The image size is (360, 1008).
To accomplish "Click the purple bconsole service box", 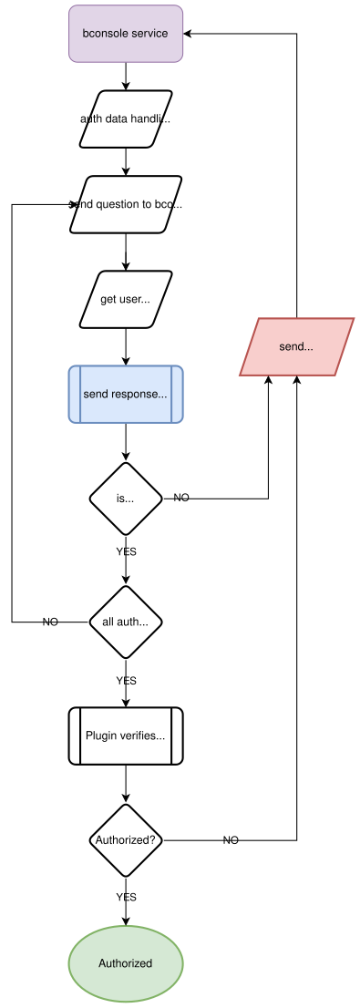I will (x=126, y=34).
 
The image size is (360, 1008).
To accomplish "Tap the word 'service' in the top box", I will (x=148, y=34).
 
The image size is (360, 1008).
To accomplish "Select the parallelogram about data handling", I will (x=126, y=118).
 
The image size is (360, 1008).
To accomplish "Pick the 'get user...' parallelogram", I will (x=126, y=299).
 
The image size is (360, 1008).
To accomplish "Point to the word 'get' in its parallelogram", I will (x=109, y=299).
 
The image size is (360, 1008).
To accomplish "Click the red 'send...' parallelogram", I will (x=296, y=347).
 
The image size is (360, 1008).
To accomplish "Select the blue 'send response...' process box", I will (x=126, y=395).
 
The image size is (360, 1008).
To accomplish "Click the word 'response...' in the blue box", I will (x=139, y=395).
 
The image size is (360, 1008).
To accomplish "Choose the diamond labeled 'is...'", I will (x=126, y=499).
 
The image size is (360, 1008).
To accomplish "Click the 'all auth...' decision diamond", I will (x=126, y=622).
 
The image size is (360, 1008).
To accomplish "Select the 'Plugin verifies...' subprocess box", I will (x=126, y=735).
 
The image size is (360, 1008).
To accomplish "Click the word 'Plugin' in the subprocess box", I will (x=101, y=735).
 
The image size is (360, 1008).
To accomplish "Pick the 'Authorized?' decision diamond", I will (x=126, y=840).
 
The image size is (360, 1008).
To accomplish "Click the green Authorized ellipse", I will (x=126, y=963).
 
